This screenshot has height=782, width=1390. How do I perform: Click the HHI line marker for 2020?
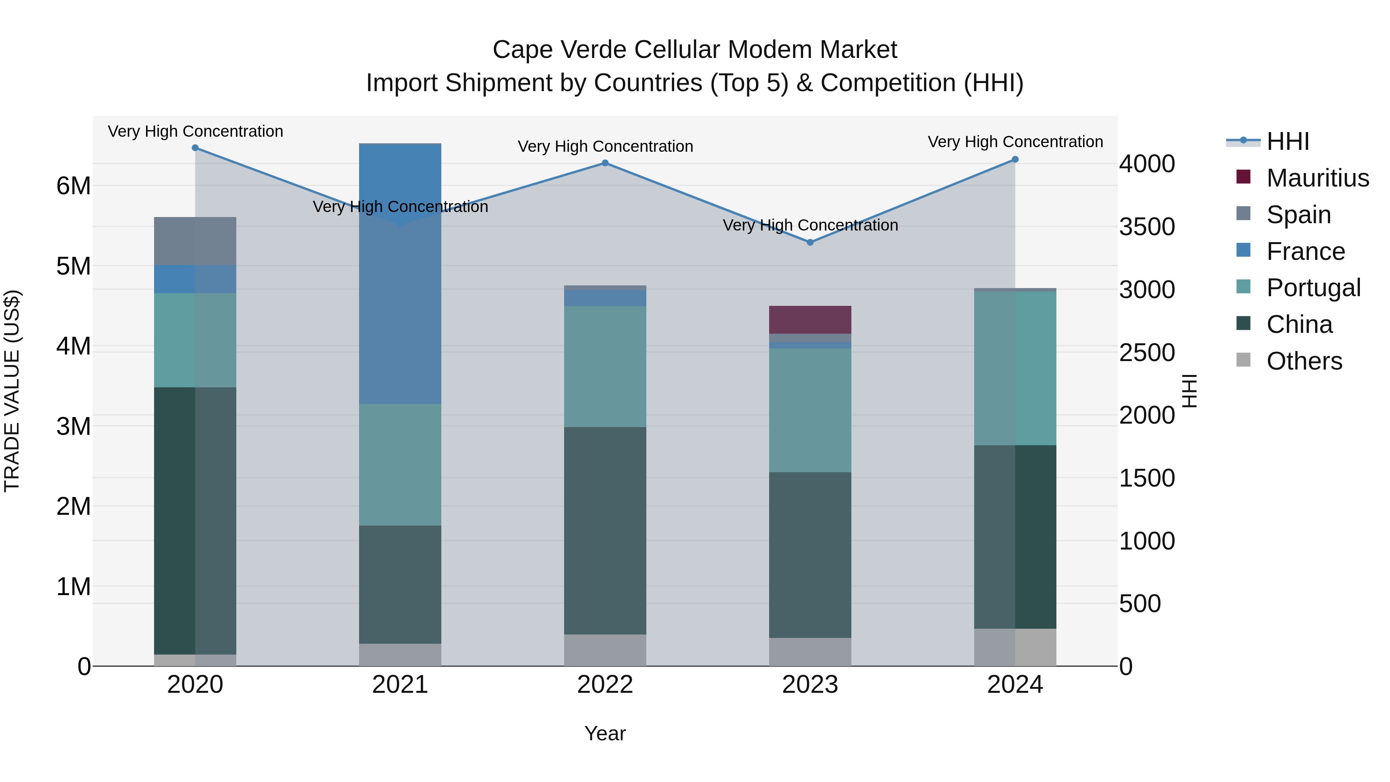pyautogui.click(x=195, y=148)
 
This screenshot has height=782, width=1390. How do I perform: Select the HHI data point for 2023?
pyautogui.click(x=810, y=242)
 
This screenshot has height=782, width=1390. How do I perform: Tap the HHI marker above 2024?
pyautogui.click(x=1015, y=159)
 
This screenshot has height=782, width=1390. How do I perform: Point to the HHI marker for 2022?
pyautogui.click(x=605, y=163)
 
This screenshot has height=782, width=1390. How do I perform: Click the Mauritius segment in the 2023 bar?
pyautogui.click(x=810, y=319)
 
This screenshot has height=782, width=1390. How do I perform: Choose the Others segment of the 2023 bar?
pyautogui.click(x=810, y=652)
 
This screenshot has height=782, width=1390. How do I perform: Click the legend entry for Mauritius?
pyautogui.click(x=1317, y=178)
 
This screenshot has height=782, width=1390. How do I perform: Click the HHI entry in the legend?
pyautogui.click(x=1287, y=141)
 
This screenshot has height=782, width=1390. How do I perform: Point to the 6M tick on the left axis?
pyautogui.click(x=73, y=186)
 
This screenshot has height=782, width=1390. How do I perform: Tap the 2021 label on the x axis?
pyautogui.click(x=400, y=685)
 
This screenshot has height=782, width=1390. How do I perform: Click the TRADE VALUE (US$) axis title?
pyautogui.click(x=12, y=391)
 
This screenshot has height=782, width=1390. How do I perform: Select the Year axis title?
pyautogui.click(x=605, y=733)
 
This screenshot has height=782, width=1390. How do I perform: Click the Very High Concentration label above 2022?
pyautogui.click(x=605, y=146)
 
